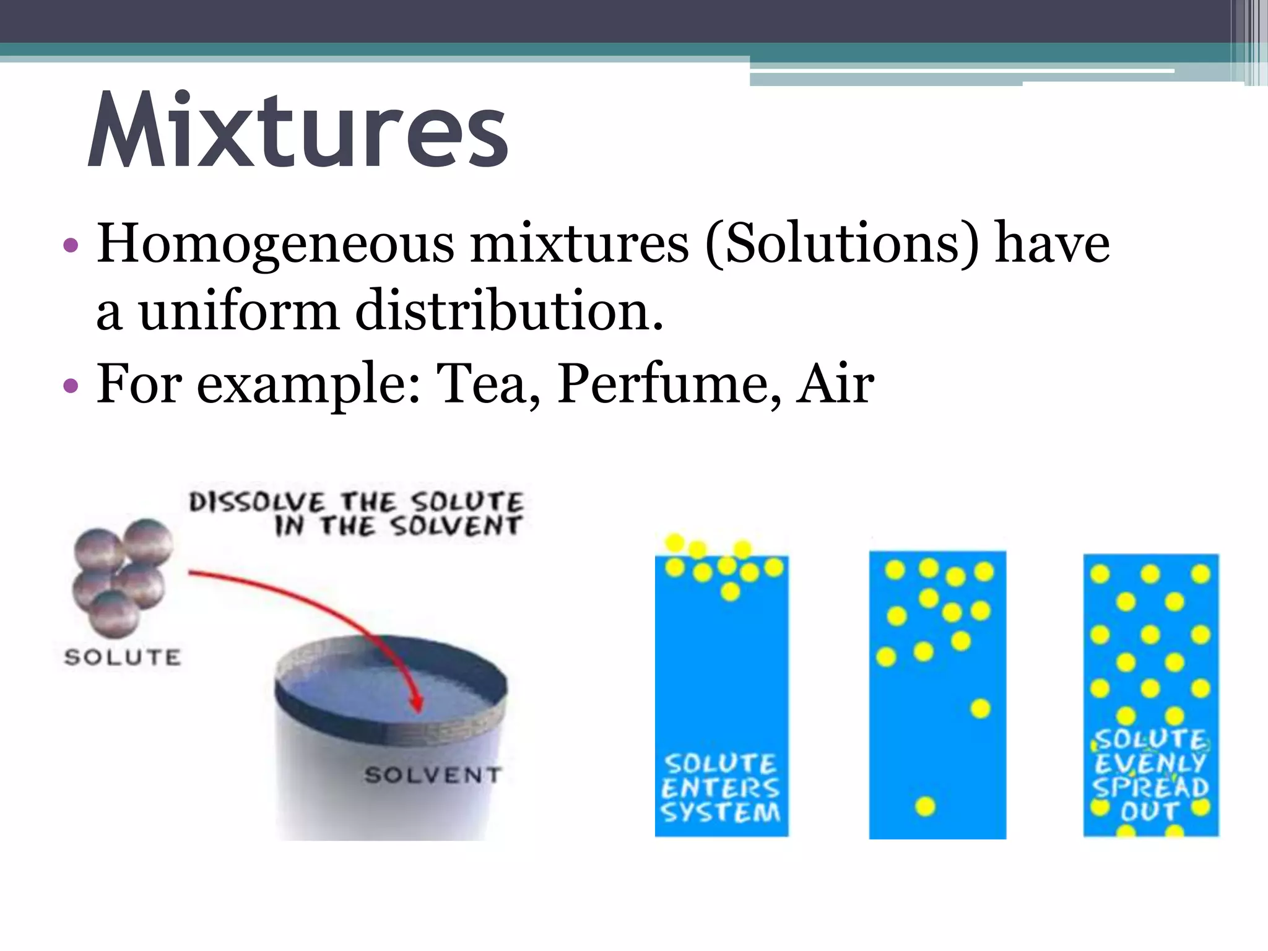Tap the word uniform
(x=238, y=311)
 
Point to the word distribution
(x=509, y=311)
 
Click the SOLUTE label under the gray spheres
(x=123, y=657)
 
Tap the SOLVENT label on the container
(x=433, y=775)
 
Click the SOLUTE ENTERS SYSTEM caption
(x=721, y=788)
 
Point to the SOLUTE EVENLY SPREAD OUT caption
(x=1150, y=775)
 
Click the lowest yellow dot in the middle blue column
(x=925, y=806)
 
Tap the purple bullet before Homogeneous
(x=71, y=246)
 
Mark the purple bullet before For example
(x=71, y=386)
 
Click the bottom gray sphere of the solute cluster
(x=113, y=613)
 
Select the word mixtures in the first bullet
(x=579, y=245)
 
